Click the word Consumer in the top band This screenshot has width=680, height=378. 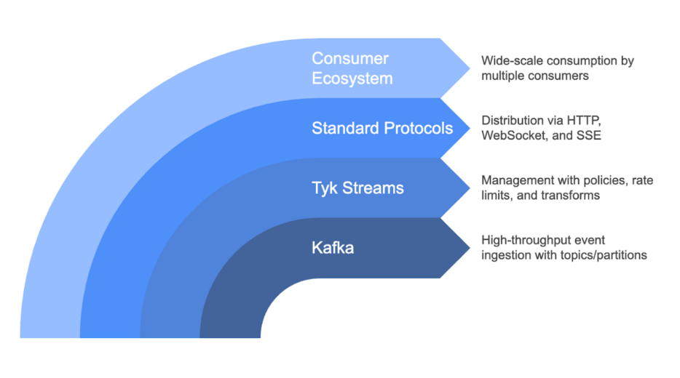click(x=350, y=58)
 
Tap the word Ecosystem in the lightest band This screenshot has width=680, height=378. click(x=352, y=79)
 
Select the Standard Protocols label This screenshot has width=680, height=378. click(x=382, y=128)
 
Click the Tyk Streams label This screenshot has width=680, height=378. click(x=357, y=188)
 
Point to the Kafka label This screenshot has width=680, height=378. click(x=333, y=248)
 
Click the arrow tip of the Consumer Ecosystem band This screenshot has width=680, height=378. click(x=470, y=68)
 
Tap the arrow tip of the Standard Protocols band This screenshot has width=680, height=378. click(x=470, y=128)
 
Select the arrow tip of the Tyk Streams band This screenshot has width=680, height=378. click(x=470, y=188)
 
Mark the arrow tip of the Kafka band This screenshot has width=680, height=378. click(x=470, y=248)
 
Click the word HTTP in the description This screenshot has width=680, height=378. click(x=584, y=121)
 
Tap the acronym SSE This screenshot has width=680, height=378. click(x=588, y=135)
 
